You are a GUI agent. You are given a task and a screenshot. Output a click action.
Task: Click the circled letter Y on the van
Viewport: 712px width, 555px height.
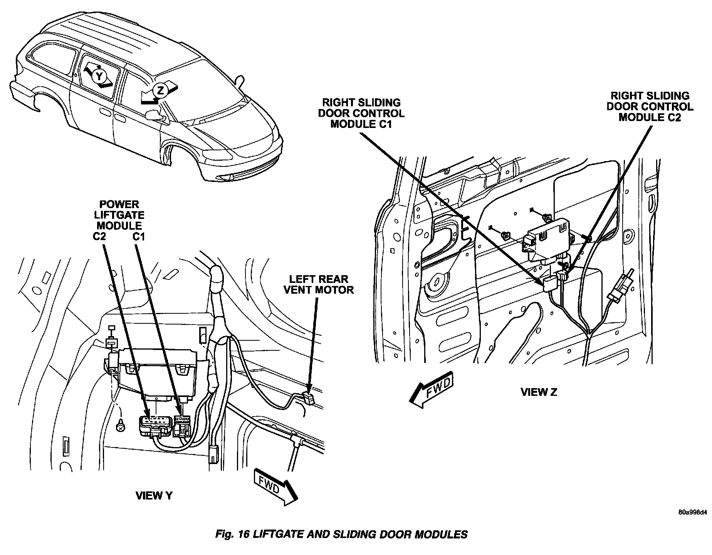(x=100, y=76)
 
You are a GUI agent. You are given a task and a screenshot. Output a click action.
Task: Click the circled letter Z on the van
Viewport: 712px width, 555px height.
(x=160, y=91)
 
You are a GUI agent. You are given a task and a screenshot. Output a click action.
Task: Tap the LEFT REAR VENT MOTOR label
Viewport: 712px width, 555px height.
(x=318, y=284)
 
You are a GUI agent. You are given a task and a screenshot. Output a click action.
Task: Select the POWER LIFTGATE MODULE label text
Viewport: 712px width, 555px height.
(x=119, y=215)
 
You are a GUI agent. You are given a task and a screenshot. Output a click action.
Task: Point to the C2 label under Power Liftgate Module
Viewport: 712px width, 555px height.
(x=99, y=236)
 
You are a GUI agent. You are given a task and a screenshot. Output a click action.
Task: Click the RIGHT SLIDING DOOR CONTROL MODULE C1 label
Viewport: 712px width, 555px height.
(x=361, y=113)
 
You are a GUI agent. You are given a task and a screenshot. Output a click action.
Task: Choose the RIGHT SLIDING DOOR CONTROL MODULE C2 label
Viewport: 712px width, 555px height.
(x=650, y=106)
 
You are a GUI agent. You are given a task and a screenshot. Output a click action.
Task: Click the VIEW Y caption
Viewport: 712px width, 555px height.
(x=154, y=496)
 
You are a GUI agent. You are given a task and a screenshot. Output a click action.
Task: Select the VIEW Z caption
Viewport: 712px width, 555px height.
(x=539, y=392)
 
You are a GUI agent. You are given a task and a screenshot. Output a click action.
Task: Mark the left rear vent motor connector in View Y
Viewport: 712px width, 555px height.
(x=309, y=397)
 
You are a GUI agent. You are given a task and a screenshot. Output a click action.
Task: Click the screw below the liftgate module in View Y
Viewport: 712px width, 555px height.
(x=121, y=426)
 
